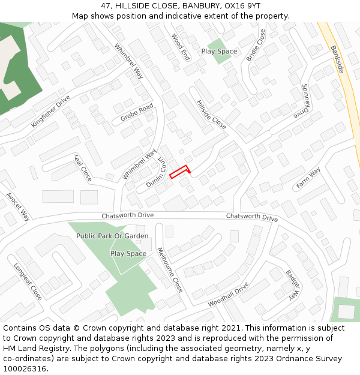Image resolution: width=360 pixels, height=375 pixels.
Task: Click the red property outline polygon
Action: tap(179, 172)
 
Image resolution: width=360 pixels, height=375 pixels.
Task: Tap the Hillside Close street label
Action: tap(211, 115)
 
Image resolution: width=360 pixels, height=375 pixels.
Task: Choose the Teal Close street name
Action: tap(82, 167)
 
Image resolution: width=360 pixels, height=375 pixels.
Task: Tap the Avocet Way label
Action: tap(18, 206)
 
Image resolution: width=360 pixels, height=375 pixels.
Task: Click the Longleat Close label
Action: tap(28, 281)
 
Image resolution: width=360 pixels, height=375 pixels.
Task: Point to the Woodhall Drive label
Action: tap(228, 295)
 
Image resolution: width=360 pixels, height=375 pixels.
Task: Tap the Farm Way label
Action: tap(308, 178)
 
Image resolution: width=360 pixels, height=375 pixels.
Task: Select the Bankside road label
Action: tap(337, 59)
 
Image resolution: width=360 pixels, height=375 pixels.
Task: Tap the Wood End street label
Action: tap(181, 47)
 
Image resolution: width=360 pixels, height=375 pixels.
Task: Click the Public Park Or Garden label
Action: tap(112, 236)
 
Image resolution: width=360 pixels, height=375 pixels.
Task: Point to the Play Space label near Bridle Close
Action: tap(219, 52)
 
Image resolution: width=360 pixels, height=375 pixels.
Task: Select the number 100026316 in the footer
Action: tap(25, 369)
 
